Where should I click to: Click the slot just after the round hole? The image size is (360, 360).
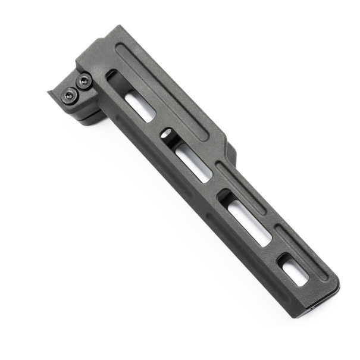tap(193, 162)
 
